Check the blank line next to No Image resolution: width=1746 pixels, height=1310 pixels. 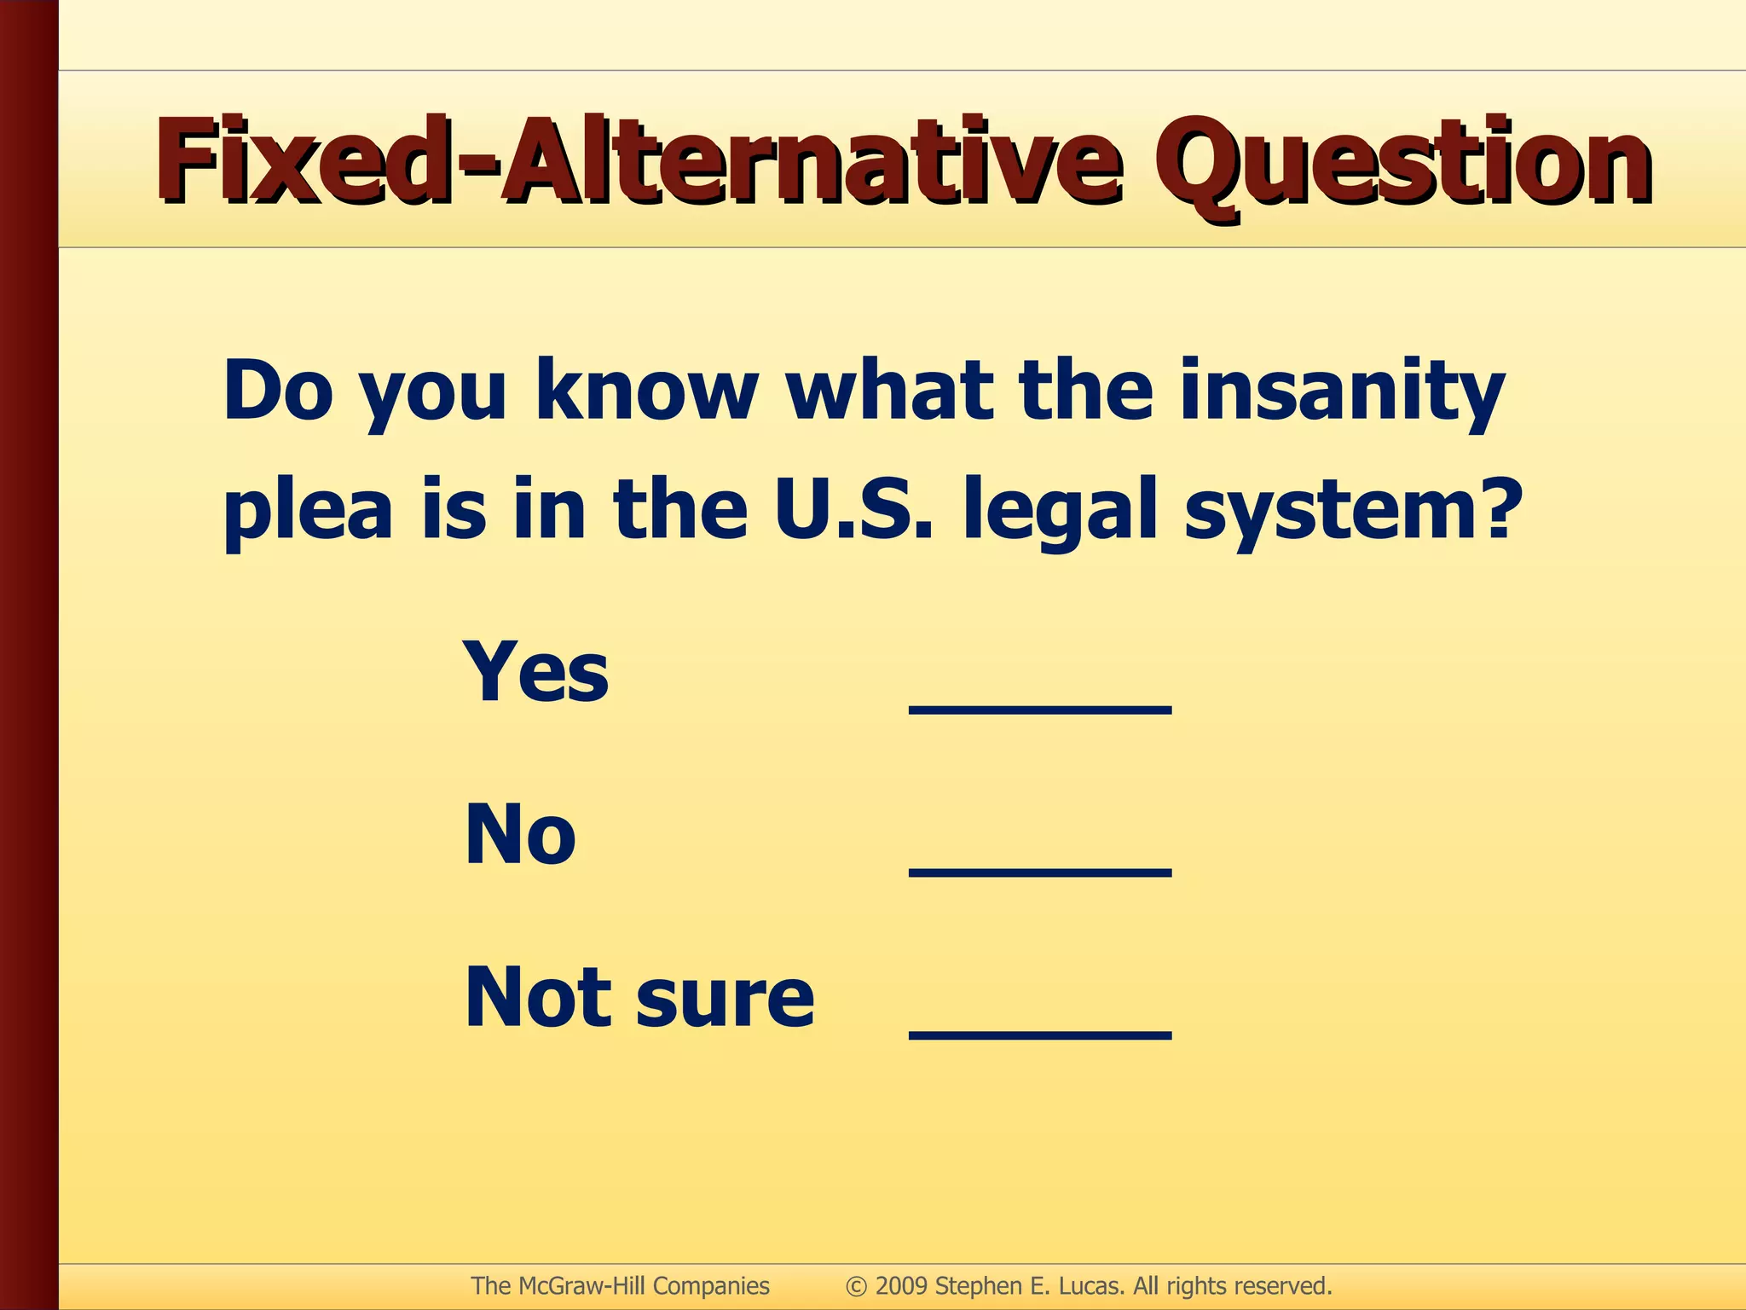(1040, 872)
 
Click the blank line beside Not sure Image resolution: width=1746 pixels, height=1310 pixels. (1040, 1035)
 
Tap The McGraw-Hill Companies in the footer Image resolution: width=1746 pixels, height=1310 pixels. (620, 1285)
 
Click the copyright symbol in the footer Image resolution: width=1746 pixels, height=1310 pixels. (856, 1286)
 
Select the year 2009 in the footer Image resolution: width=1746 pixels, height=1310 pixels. (901, 1285)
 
